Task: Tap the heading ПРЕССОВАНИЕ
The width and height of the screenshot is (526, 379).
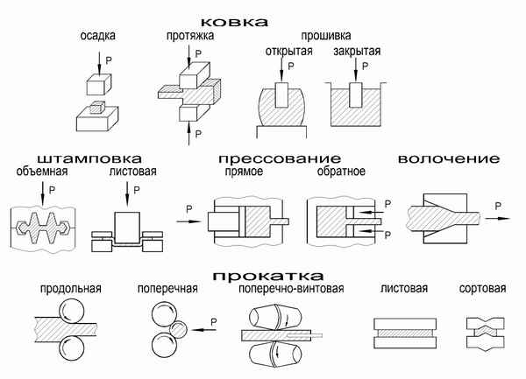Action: (278, 158)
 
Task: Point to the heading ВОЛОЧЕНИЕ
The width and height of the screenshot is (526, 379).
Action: (448, 158)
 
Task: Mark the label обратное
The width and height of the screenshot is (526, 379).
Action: (340, 172)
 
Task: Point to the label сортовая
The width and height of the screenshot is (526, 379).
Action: (483, 288)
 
